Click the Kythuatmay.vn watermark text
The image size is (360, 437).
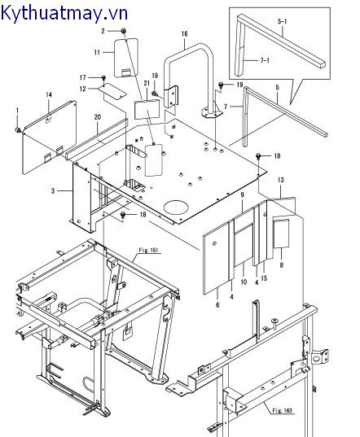point(64,13)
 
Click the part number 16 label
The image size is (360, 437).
point(184,33)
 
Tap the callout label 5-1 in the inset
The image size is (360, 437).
point(283,21)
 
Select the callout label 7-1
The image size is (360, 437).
point(265,60)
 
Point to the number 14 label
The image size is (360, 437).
point(49,94)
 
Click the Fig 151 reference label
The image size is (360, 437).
point(149,250)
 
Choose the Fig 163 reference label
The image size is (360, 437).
point(283,410)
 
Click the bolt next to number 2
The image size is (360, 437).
point(124,31)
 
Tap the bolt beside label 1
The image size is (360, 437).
point(19,130)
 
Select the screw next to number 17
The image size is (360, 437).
point(103,77)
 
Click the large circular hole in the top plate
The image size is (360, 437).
point(176,207)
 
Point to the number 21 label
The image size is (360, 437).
point(147,83)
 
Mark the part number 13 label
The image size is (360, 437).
point(280,180)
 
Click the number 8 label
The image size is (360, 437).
point(281,264)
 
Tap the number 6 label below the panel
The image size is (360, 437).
point(217,304)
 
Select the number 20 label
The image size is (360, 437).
point(97,117)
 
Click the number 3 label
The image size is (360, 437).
point(53,190)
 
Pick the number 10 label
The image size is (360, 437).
point(244,282)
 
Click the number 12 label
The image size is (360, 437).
point(83,89)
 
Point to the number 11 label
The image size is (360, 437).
point(97,52)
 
